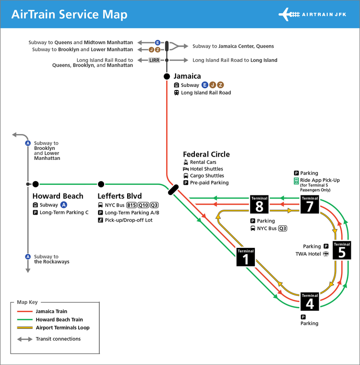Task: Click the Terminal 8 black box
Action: tap(259, 204)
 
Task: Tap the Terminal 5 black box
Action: tap(342, 251)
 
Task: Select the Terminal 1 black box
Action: tap(245, 257)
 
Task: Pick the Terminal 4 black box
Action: tap(310, 302)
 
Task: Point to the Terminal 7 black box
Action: tap(310, 204)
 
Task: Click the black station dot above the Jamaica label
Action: tap(167, 76)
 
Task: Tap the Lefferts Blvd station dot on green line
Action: tap(101, 184)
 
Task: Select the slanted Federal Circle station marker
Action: tap(173, 190)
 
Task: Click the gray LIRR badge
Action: tap(154, 60)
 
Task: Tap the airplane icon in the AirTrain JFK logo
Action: tap(289, 14)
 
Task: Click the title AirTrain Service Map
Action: tap(69, 14)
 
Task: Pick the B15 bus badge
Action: tap(132, 205)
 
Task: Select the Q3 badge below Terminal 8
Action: tap(283, 229)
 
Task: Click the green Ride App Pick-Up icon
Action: tap(297, 181)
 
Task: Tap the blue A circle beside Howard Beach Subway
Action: tap(63, 205)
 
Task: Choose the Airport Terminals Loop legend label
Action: tap(62, 328)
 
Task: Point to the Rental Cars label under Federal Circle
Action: tap(203, 162)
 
